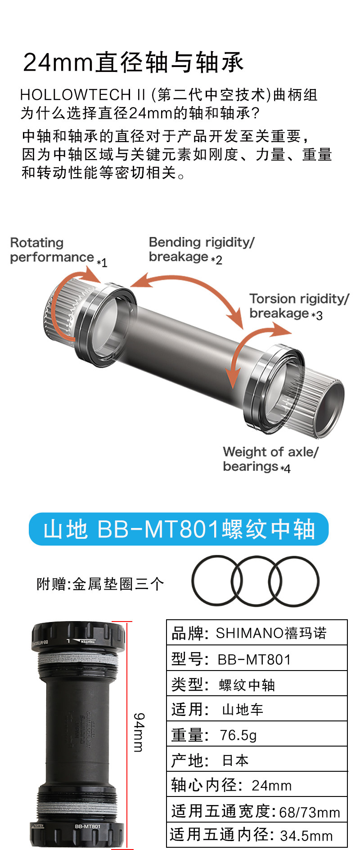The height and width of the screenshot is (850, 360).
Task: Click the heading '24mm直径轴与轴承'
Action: tap(133, 62)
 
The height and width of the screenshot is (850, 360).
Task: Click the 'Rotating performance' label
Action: tap(52, 250)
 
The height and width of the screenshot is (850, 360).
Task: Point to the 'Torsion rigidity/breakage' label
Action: tap(299, 306)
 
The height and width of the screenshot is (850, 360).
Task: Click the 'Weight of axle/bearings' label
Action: tap(270, 459)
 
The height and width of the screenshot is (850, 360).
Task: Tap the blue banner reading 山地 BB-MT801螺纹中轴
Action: tap(179, 529)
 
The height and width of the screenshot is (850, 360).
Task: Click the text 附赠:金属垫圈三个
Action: tap(100, 584)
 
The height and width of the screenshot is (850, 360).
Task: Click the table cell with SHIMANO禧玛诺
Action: tap(271, 633)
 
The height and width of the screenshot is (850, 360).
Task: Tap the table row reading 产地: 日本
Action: tap(256, 761)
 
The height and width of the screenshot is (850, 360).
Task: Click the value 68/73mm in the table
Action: tap(309, 812)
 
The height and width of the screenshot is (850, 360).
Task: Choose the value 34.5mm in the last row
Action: tap(306, 836)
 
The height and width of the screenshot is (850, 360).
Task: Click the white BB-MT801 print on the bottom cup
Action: tap(87, 826)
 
